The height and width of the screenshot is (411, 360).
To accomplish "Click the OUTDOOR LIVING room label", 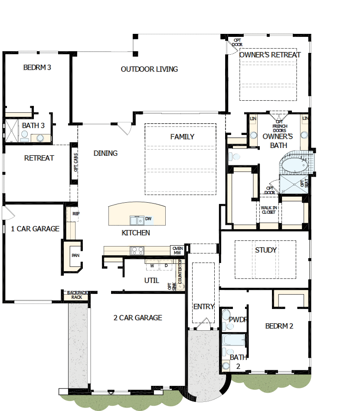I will click(149, 69).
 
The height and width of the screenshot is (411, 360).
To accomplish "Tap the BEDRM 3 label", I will click(37, 67).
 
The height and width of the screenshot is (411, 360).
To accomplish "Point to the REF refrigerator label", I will click(76, 214).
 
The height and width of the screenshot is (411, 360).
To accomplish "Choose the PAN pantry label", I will click(75, 255).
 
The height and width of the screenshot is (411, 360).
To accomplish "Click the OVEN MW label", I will click(177, 250).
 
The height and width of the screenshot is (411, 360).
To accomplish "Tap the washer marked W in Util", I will click(152, 265).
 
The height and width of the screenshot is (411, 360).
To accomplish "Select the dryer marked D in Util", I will click(166, 265).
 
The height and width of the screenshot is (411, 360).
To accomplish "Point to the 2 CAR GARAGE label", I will click(137, 318).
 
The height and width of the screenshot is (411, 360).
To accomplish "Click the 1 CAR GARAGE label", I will click(35, 229).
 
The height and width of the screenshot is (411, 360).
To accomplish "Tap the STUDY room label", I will click(266, 250).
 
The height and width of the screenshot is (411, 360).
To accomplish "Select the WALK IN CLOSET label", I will click(268, 210).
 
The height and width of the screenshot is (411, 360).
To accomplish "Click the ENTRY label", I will click(204, 306).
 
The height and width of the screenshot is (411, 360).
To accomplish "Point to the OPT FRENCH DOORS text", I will click(279, 126).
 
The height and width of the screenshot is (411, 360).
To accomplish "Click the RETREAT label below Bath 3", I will click(39, 158).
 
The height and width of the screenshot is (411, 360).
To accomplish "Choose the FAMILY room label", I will click(182, 137).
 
